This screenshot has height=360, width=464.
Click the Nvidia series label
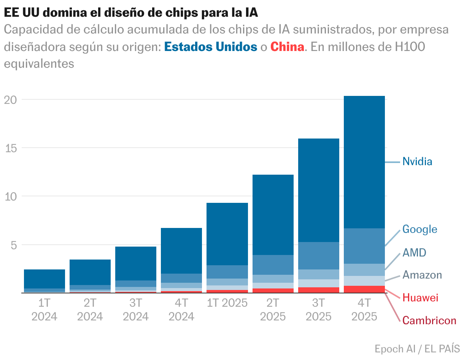(x=417, y=161)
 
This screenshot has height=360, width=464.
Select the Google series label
(x=420, y=229)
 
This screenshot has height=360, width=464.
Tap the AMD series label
(x=414, y=253)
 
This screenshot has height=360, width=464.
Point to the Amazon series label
(x=422, y=275)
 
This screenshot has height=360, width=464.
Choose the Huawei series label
(x=420, y=298)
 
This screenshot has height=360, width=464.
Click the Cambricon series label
(x=429, y=320)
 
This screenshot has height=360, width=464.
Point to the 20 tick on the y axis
(x=10, y=100)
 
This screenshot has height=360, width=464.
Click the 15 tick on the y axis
(x=11, y=148)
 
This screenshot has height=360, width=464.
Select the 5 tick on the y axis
(x=14, y=245)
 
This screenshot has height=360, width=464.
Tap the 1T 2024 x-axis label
(x=44, y=310)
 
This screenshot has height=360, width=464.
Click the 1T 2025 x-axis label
(x=227, y=303)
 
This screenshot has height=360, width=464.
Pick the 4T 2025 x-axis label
(x=364, y=310)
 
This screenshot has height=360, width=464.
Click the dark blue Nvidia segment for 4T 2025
(x=364, y=162)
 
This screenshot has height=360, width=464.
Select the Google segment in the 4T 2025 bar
(x=364, y=246)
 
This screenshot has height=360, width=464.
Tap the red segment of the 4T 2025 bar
(x=364, y=289)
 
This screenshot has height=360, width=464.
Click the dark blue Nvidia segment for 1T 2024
(x=44, y=279)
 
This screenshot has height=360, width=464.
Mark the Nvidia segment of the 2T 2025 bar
(x=273, y=215)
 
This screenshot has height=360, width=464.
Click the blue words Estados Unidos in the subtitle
(x=211, y=47)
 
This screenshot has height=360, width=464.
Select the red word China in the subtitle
(x=287, y=47)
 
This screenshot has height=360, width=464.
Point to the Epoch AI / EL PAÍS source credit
(x=417, y=349)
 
